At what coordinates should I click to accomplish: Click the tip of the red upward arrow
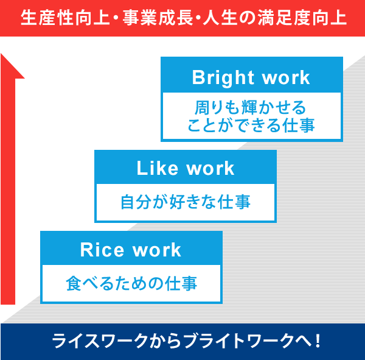tap(8, 57)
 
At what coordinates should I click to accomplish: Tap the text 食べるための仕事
tap(131, 283)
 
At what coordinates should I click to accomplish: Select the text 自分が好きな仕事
tap(186, 202)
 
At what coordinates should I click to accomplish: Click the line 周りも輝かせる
tap(252, 108)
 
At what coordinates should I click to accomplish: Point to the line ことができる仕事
tap(252, 127)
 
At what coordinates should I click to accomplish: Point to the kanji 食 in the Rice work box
tap(73, 283)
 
